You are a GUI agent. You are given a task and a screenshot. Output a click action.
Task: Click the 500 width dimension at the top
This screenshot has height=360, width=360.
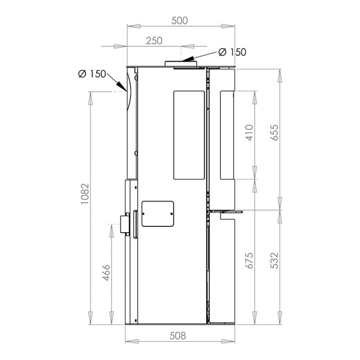[x=180, y=21]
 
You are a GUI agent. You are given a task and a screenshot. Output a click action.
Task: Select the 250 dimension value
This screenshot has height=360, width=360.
[x=154, y=41]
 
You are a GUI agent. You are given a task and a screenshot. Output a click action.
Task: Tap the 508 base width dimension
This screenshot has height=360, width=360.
[x=177, y=336]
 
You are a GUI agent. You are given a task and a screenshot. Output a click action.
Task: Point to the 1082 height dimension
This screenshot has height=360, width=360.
[x=85, y=194]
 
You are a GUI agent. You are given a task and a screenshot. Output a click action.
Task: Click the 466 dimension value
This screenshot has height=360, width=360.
[x=107, y=273]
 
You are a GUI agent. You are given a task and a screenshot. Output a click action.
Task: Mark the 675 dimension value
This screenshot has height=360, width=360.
[x=249, y=260]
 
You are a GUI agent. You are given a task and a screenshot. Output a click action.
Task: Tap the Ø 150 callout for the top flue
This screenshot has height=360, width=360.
[x=232, y=52]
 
